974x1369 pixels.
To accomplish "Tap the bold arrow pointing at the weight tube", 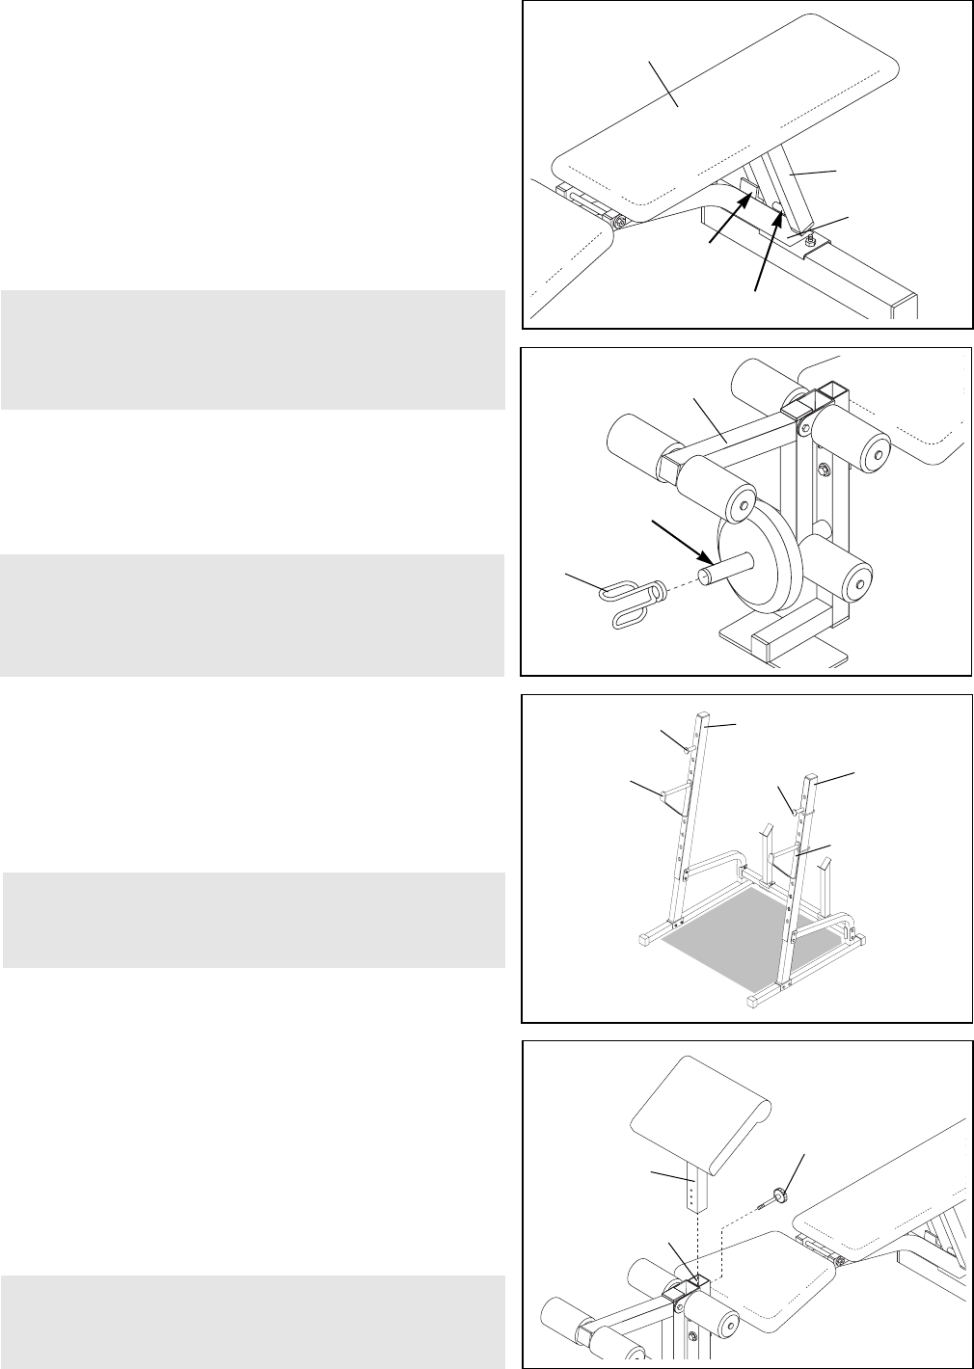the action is [683, 541].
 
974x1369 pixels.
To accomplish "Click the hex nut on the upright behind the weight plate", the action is [825, 470].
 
